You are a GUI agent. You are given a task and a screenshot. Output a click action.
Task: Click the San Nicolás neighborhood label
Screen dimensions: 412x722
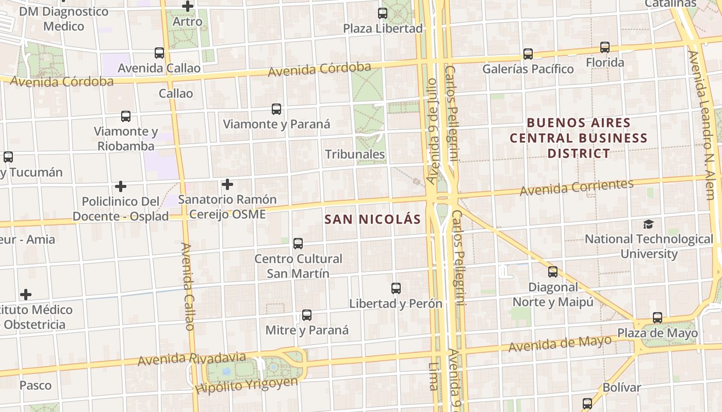[x=372, y=219]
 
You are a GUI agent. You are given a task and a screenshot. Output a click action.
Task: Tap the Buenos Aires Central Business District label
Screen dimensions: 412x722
[x=578, y=138]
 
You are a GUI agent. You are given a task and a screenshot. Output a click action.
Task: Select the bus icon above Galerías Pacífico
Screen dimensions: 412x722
[x=528, y=54]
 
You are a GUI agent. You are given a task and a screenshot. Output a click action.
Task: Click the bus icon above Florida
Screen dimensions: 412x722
[x=605, y=48]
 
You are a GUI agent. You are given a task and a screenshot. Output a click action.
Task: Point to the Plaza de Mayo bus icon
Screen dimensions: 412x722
[x=657, y=318]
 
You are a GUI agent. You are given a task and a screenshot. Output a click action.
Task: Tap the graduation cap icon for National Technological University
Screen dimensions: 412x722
[x=648, y=224]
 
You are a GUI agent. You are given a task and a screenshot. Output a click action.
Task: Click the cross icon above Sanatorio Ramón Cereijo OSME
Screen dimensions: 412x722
[x=227, y=184]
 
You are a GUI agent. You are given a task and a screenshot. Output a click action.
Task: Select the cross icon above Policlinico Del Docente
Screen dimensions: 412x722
[x=120, y=186]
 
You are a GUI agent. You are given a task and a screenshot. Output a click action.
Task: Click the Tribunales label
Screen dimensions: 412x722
[x=355, y=154]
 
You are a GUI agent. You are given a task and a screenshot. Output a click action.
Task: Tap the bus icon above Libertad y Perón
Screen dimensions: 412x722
[x=396, y=288]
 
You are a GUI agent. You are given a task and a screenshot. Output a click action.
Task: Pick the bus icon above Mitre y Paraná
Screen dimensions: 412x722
[x=307, y=315]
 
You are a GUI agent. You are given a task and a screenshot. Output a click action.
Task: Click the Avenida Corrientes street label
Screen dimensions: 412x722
[x=577, y=187]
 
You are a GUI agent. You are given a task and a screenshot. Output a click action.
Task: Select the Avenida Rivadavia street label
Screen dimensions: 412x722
[x=192, y=358]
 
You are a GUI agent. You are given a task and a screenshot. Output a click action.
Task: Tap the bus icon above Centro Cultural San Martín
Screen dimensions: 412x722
[x=298, y=244]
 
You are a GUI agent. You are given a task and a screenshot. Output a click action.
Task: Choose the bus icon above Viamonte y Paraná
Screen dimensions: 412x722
[x=276, y=109]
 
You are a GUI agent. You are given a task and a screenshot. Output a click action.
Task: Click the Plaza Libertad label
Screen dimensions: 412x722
[x=383, y=28]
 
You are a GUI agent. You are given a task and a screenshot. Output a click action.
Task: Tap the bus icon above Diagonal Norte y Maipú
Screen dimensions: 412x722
[x=553, y=272]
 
